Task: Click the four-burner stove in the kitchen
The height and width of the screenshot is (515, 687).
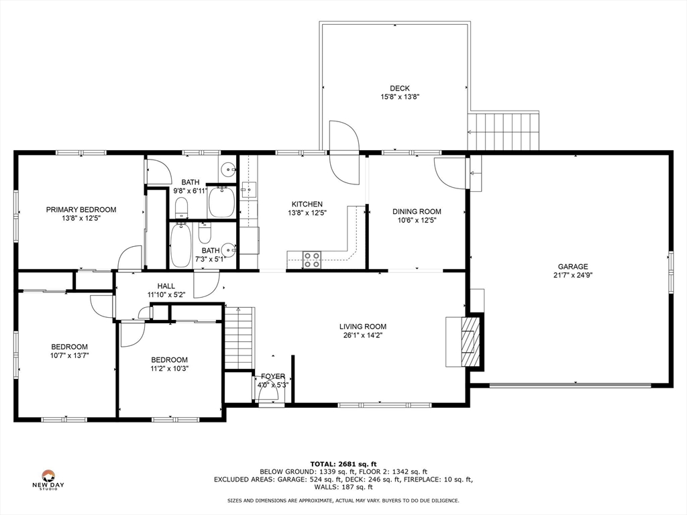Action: [x=312, y=260]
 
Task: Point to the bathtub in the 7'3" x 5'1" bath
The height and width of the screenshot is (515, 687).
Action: [x=181, y=245]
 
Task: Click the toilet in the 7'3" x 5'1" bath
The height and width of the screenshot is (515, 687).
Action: [x=205, y=233]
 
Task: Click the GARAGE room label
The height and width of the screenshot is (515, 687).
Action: [x=572, y=266]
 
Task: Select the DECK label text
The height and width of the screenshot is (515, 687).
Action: [x=400, y=88]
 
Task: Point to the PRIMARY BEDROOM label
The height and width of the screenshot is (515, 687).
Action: [x=81, y=210]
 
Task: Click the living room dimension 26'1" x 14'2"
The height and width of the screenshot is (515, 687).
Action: [x=362, y=335]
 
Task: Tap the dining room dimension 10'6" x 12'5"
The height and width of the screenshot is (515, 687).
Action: [x=417, y=220]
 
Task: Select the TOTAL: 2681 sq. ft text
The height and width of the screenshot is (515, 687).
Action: [x=343, y=463]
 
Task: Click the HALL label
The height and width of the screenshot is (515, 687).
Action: [x=166, y=286]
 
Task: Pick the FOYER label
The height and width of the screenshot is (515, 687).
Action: [x=273, y=376]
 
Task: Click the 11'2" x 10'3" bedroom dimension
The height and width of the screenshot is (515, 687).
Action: [x=169, y=368]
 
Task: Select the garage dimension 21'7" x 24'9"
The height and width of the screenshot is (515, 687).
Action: [x=572, y=275]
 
